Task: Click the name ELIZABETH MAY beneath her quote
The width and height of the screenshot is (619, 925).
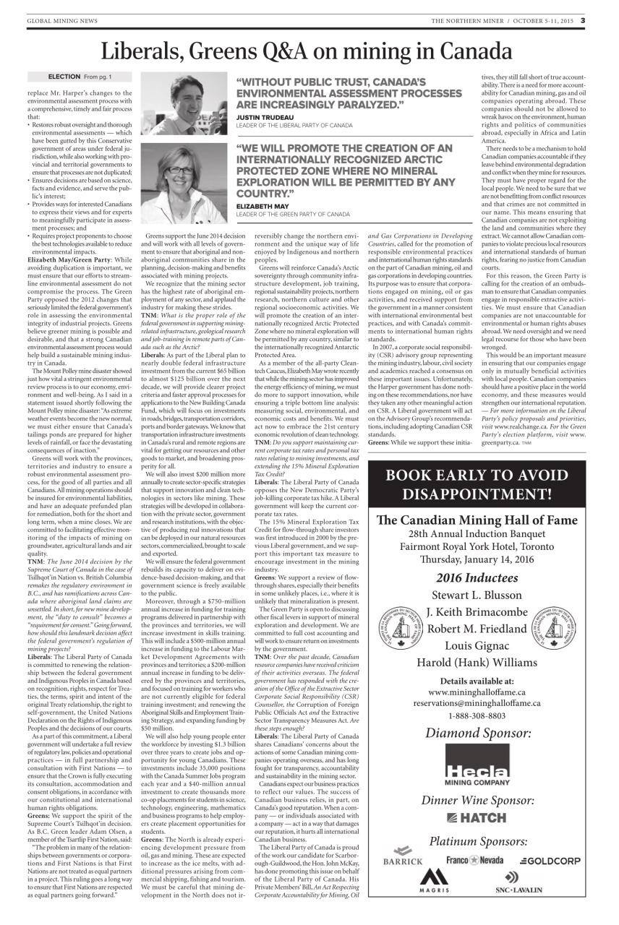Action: tap(261, 206)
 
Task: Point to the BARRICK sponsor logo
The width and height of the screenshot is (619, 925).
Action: tap(404, 861)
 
